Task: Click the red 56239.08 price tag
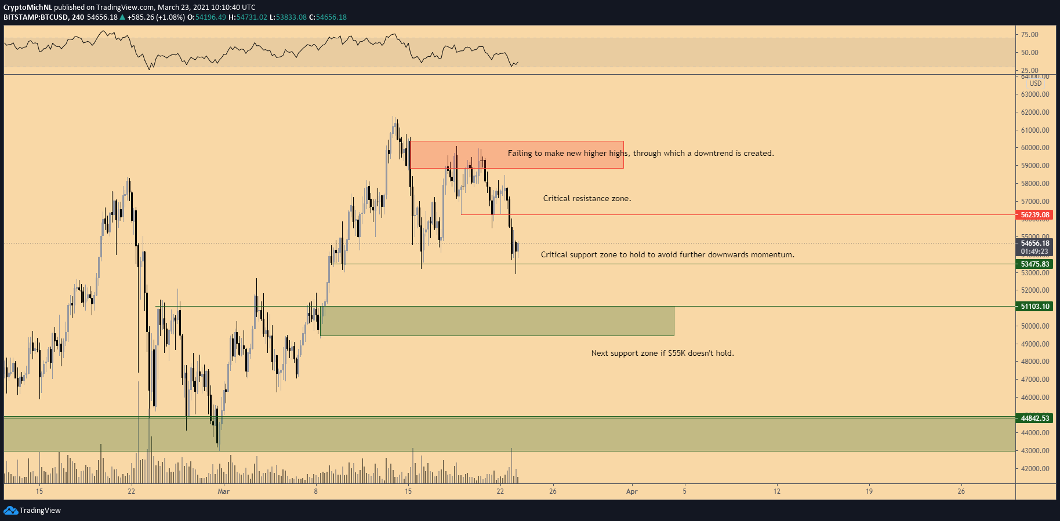1035,215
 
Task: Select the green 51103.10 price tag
1035,307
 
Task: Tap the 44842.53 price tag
1035,418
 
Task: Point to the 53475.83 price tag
1035,264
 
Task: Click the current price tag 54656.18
1035,243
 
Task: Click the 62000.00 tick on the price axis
1035,112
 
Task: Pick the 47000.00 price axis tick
1035,380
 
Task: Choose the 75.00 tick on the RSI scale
1030,35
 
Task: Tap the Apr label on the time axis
631,491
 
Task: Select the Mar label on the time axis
223,491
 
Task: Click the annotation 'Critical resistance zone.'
587,198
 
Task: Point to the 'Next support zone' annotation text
662,353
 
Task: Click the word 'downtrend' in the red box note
713,153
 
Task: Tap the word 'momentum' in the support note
771,254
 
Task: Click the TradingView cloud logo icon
10,510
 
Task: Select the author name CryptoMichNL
28,8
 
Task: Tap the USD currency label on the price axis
1036,83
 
